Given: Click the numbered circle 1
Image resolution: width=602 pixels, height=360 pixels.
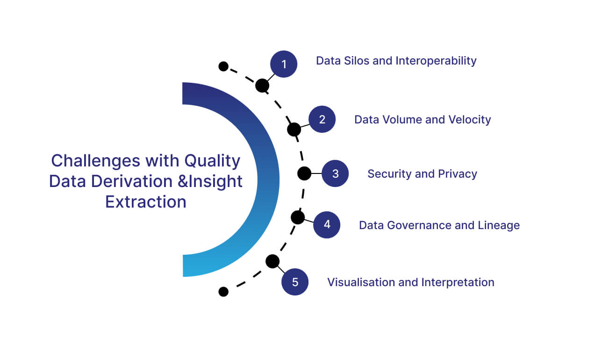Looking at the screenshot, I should point(284,64).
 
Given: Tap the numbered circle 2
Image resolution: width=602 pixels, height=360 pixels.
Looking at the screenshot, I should point(322,119).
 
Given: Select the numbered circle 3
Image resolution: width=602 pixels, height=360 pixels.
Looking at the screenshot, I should point(335,173).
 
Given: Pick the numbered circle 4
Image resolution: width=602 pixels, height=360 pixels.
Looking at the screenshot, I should point(327,225).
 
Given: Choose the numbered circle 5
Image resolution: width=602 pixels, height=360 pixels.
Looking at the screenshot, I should point(295,282).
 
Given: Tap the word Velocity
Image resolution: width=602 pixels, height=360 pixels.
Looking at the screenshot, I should point(469,120).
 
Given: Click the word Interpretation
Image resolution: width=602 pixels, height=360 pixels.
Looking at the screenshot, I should point(458,282).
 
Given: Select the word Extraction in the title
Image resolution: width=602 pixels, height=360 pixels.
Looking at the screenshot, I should point(145,202).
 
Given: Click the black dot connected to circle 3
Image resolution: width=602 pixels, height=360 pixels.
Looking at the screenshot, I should point(304,173).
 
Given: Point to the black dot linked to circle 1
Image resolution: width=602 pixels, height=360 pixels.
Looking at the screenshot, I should point(262,86).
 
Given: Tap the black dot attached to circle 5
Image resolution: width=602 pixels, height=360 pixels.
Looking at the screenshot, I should point(272,261).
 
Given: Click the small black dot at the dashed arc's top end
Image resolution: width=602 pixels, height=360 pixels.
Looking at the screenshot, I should point(223,66).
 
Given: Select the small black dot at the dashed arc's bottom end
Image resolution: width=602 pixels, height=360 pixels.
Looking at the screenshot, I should point(223,292).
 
